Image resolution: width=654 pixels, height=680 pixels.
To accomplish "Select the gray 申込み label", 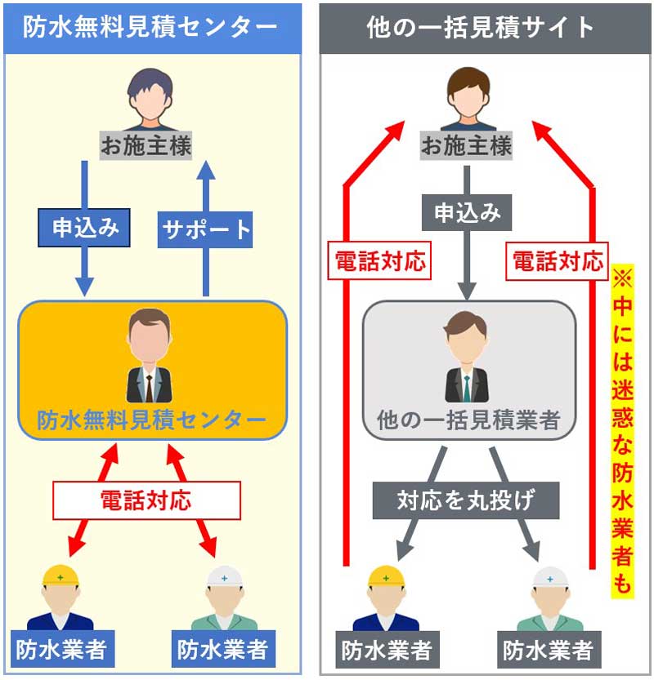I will (467, 213).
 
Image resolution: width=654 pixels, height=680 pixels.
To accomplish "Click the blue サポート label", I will (205, 229).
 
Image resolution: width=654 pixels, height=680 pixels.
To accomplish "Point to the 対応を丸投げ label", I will (465, 499).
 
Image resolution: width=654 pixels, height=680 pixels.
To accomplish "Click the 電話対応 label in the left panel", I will (146, 499).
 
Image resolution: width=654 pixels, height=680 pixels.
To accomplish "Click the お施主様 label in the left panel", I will (146, 147).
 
